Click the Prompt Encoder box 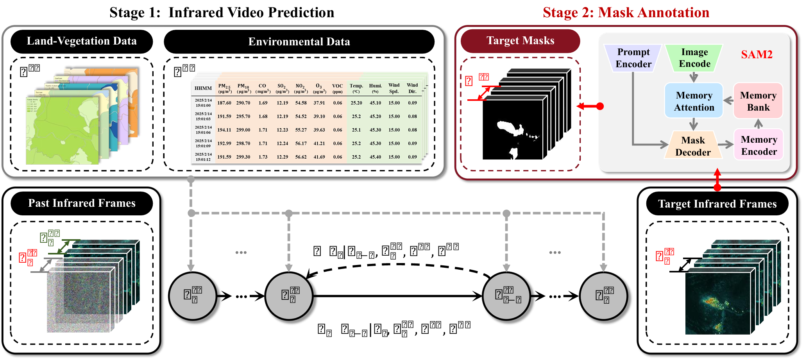point(633,58)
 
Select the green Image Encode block point(694,58)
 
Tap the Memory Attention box point(694,101)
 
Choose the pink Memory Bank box point(758,101)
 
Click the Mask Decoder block point(693,146)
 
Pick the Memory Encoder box point(758,145)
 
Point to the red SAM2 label point(757,54)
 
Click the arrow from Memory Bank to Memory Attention point(728,101)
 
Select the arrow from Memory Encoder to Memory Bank point(758,124)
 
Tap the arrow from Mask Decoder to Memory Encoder point(726,145)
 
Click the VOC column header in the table point(337,88)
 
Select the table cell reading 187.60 point(224,103)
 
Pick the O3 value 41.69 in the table point(319,157)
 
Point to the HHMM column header point(203,88)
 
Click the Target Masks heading point(520,41)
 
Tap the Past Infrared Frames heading point(82,203)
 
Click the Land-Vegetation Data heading point(82,41)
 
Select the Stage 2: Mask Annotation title point(626,13)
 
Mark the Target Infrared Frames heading point(717,204)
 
